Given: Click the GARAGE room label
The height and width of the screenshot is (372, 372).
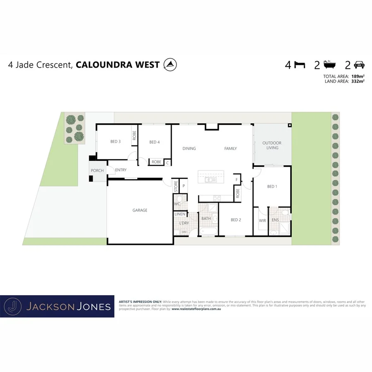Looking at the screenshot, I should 140,210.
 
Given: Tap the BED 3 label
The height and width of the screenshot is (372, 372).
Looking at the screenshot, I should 115,142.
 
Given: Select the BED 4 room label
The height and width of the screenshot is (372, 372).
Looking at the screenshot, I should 154,142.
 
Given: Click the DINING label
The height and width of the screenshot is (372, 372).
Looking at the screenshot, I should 189,148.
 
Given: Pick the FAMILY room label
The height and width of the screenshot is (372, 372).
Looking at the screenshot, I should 231,148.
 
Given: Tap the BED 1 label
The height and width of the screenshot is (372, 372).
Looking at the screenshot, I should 272,186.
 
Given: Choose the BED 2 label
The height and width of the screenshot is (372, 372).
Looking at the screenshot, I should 236,220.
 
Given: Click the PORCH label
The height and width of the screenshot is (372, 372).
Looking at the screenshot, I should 97,170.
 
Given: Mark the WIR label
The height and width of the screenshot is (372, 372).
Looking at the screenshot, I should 262,221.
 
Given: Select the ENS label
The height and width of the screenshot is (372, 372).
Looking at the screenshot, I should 275,220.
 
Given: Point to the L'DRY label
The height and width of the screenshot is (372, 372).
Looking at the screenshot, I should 184,223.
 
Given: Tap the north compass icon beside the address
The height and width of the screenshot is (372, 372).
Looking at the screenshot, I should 170,64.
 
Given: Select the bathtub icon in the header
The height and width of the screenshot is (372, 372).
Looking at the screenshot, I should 329,64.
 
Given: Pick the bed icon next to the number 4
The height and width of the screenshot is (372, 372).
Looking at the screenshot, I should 300,65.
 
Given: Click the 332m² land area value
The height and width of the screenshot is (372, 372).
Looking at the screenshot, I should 358,81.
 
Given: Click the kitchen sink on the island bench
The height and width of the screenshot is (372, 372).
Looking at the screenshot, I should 209,180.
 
